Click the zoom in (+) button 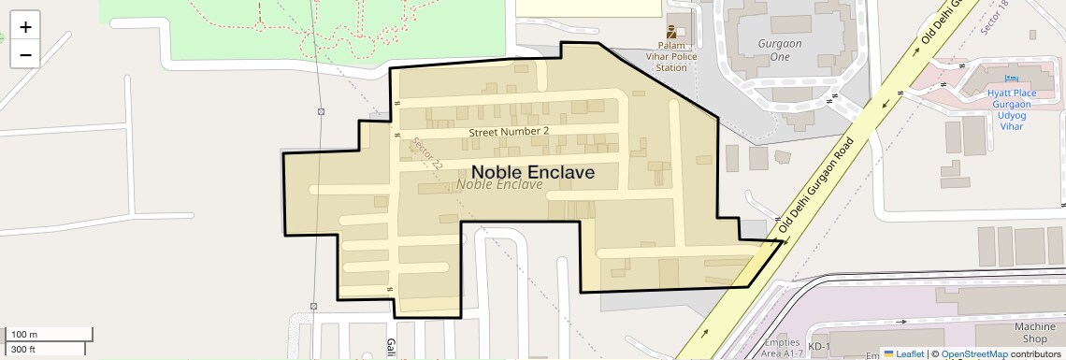coord(25,27)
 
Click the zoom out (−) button coord(25,55)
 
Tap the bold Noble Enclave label coord(532,172)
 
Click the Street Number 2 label coord(509,132)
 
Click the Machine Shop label coord(1035,332)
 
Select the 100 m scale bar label coord(24,334)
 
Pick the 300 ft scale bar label coord(23,349)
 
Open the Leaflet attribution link coord(903,353)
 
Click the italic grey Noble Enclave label coord(499,185)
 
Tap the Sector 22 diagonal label coord(426,153)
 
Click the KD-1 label coord(819,347)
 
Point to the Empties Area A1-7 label coord(780,347)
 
